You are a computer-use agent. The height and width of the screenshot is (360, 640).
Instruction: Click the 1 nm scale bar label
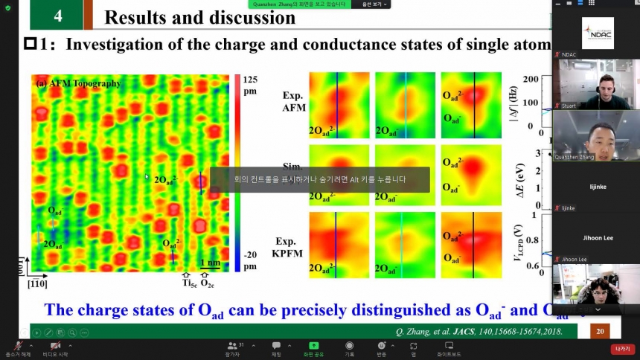[211, 263]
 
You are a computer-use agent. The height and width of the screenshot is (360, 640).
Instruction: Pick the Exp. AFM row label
[295, 101]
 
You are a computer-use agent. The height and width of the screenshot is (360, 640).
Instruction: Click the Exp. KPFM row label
[295, 246]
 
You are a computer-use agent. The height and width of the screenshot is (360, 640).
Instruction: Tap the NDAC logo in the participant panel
[598, 33]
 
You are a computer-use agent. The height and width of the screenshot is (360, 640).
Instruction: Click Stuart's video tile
[596, 83]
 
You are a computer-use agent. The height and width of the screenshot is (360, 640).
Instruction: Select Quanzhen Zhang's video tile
[596, 135]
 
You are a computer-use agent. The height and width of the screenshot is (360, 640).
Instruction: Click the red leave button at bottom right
[621, 349]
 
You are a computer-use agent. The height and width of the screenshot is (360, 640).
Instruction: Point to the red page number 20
[599, 331]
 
